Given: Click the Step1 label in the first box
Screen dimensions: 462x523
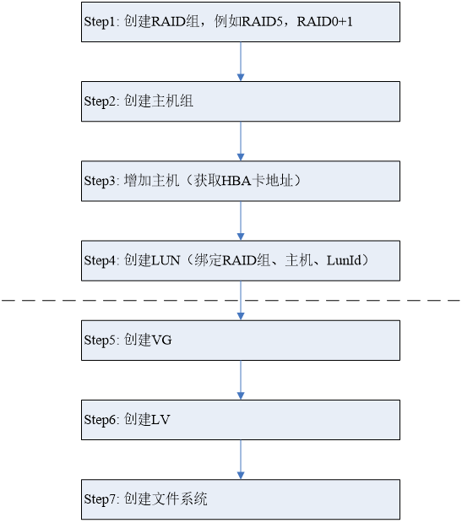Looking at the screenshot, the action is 100,22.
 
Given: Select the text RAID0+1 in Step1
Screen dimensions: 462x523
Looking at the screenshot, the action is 324,22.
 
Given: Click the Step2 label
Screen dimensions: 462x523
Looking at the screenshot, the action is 101,101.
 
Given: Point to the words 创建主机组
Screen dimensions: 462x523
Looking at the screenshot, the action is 159,101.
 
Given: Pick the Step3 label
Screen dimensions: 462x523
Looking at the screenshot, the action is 101,181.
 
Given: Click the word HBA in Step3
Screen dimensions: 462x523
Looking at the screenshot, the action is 236,181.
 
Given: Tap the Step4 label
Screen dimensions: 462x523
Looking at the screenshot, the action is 101,261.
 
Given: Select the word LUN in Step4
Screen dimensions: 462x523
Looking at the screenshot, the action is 166,260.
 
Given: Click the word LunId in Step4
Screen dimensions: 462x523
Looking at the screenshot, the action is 344,260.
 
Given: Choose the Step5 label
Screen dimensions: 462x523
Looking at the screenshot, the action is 101,340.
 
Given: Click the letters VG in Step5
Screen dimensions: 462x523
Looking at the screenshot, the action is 161,340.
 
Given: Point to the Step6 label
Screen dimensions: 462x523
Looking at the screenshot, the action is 101,420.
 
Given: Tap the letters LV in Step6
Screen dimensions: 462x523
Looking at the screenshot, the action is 161,420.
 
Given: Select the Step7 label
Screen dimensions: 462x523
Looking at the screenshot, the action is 101,499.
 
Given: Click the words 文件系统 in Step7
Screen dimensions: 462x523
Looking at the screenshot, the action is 180,499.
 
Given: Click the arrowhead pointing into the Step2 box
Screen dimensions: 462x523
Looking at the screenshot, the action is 241,78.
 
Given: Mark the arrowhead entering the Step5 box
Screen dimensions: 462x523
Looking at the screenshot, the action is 241,316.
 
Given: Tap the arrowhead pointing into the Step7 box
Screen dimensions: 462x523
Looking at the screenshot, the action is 241,476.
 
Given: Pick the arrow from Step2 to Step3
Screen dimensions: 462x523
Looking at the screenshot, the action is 241,141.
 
